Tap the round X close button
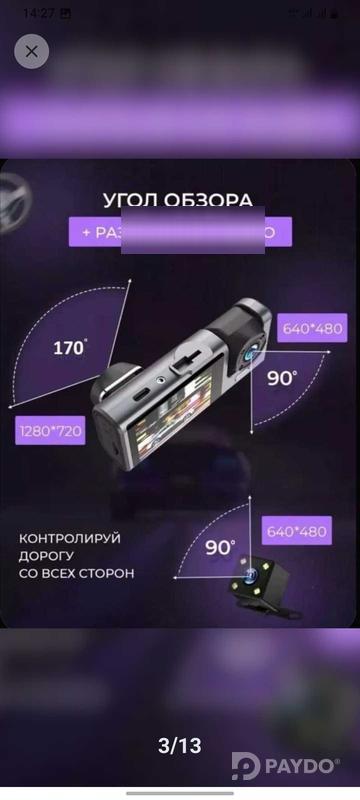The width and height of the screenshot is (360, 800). point(32,51)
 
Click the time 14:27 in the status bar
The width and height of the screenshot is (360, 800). point(39,13)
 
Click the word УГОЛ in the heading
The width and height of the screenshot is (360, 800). point(134,200)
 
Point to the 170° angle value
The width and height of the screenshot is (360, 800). point(70,348)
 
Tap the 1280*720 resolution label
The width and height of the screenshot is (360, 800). point(50,432)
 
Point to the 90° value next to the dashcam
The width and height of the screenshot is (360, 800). point(281,378)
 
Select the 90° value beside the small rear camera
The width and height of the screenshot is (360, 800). point(220,548)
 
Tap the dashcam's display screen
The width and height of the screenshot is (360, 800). point(161,440)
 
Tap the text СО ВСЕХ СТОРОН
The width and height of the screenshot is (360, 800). point(76,574)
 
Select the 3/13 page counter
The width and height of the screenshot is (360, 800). point(180,745)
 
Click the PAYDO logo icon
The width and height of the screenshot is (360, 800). point(245,766)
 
